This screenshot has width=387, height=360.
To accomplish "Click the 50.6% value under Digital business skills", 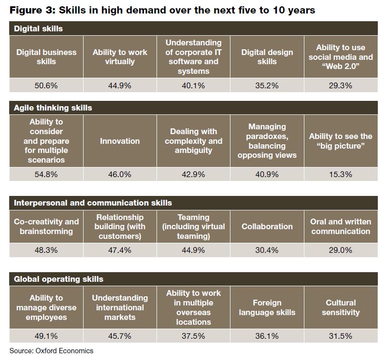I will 46,86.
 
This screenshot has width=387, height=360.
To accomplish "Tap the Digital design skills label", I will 267,57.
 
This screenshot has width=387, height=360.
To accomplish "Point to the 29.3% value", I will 341,86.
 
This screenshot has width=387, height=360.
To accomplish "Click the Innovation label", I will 120,141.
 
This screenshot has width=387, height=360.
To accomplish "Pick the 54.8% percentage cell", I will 46,174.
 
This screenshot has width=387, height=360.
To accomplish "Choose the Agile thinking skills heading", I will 53,108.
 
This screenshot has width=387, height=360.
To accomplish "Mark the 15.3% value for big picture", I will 341,174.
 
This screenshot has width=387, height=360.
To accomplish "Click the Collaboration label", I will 267,226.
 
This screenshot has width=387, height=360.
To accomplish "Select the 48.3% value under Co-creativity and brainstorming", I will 46,250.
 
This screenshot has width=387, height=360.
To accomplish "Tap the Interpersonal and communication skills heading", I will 93,203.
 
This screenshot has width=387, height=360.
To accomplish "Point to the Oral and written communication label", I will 341,226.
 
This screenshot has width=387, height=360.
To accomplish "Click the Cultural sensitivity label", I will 341,307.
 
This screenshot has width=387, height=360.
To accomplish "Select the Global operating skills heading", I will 58,279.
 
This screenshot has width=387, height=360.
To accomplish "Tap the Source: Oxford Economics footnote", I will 51,351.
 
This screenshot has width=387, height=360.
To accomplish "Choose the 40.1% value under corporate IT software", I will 193,86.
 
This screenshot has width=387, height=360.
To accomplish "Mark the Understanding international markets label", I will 120,307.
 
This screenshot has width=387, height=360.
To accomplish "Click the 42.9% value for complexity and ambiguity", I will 193,174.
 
